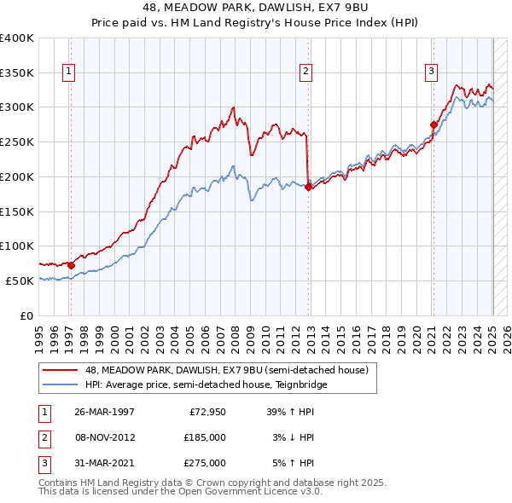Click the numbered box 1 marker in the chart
coord(67,72)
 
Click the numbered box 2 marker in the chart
coord(305,72)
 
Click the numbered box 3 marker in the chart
coord(431,72)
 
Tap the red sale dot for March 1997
coord(72,265)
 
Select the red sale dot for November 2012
coord(308,188)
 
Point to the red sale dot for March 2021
coord(433,125)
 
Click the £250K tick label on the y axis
coord(17,142)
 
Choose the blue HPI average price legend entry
coord(204,384)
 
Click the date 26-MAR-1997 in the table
coord(104,412)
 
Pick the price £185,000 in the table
coord(205,437)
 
